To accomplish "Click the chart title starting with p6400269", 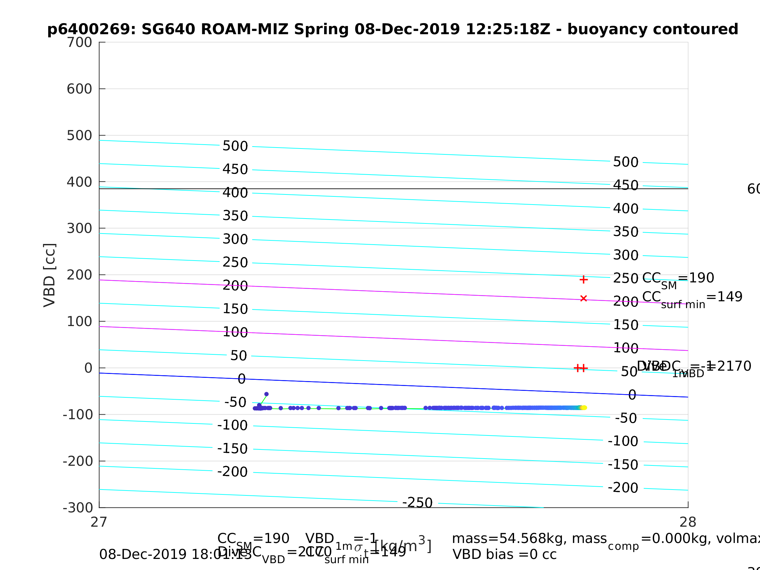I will point(393,30).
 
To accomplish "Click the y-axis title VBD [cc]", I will point(50,275).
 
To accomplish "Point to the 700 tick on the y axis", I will point(79,43).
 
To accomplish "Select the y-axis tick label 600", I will point(79,89).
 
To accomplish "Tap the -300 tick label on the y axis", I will point(78,508).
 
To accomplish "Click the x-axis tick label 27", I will point(99,522).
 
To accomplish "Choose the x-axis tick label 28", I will point(688,522).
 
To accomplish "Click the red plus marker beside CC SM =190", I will point(583,280).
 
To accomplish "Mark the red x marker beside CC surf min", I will point(583,298).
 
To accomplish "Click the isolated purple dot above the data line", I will point(266,394).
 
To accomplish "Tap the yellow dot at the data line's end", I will point(584,407).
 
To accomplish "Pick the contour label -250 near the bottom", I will point(417,503).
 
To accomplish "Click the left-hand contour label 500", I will point(235,146).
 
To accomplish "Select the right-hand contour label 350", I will point(626,232).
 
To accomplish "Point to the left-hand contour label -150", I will point(232,449).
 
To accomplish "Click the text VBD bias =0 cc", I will point(504,555).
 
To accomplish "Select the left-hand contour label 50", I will point(238,356).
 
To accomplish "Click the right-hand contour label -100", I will point(623,441).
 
